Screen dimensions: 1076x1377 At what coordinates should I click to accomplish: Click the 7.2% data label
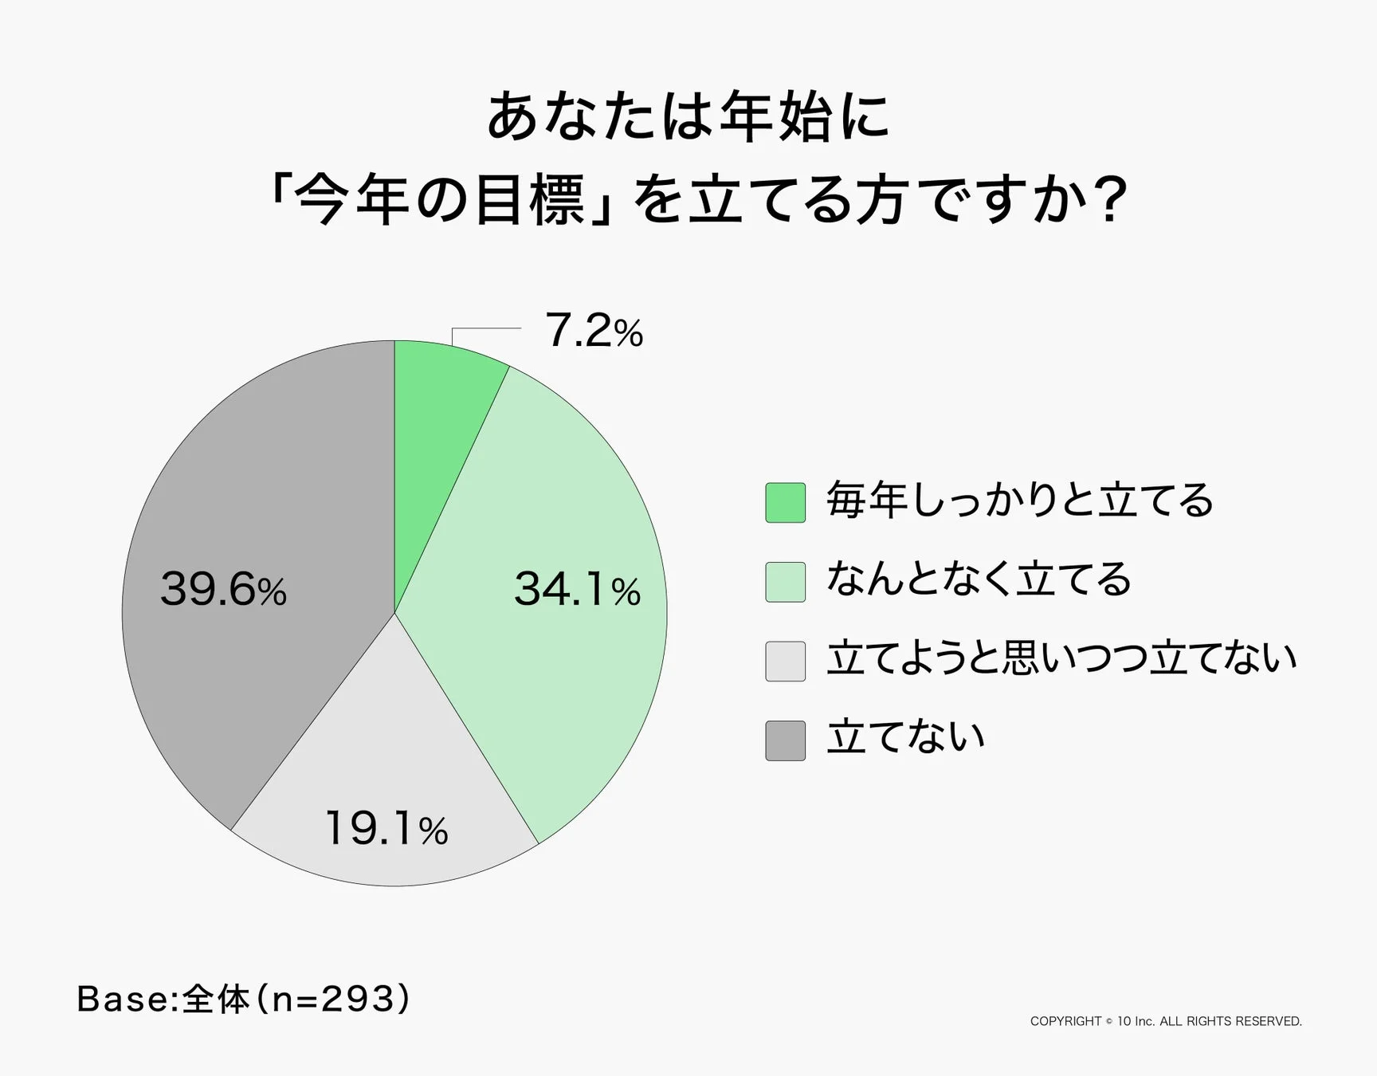593,331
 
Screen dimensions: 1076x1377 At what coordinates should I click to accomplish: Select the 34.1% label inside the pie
577,590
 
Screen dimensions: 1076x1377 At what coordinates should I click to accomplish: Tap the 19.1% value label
386,829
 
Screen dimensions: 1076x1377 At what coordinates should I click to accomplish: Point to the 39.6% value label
223,590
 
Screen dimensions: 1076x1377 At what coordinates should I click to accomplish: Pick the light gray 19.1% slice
382,765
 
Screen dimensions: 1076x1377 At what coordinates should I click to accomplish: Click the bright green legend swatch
785,503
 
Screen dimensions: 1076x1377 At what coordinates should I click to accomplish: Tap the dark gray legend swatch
785,740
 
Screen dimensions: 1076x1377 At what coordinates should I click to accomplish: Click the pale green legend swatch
785,582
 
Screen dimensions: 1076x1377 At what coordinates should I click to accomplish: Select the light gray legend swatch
785,662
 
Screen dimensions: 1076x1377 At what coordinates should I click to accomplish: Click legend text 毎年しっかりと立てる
1019,501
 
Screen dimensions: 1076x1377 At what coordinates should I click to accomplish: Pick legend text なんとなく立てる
979,579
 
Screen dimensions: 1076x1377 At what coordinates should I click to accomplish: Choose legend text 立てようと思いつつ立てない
1061,658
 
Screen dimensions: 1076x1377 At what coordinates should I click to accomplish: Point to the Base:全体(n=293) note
243,999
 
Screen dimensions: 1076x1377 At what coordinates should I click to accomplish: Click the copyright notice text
1165,1021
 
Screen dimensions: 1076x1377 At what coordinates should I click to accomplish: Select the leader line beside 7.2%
486,328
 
